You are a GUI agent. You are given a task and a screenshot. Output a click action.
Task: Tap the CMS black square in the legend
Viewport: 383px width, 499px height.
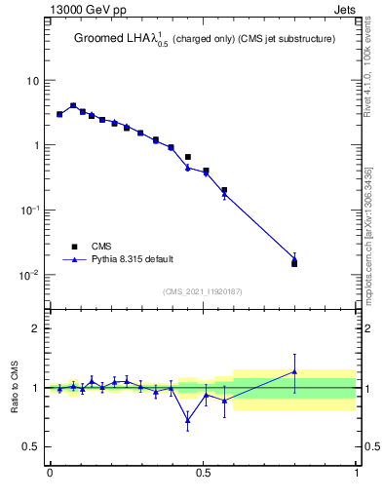pos(75,247)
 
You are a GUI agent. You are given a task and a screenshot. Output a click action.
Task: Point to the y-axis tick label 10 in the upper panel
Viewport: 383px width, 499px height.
pos(33,81)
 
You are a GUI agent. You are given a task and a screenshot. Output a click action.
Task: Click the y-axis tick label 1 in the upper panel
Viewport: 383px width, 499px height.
pos(36,145)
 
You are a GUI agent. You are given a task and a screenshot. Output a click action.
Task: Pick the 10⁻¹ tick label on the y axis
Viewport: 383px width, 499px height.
pos(31,211)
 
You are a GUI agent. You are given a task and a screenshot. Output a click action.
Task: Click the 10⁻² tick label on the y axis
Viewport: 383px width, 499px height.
pos(31,275)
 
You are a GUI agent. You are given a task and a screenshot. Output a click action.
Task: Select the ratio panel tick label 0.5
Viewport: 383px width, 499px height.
pos(31,446)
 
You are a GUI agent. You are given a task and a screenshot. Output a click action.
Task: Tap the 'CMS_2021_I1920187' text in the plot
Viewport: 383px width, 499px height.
pos(203,291)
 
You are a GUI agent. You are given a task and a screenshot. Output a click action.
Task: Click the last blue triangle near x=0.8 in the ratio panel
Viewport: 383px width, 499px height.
pos(295,371)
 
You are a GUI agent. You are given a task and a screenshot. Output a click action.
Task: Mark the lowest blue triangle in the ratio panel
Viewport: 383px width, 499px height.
pos(187,420)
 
